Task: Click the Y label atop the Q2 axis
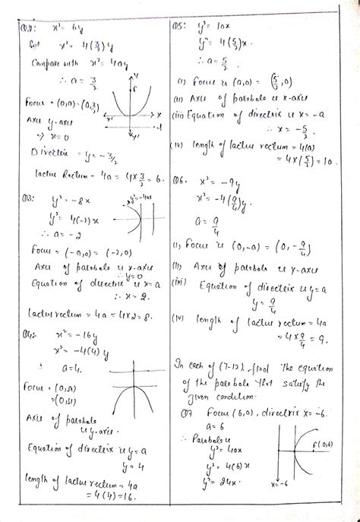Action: [x=133, y=74]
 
